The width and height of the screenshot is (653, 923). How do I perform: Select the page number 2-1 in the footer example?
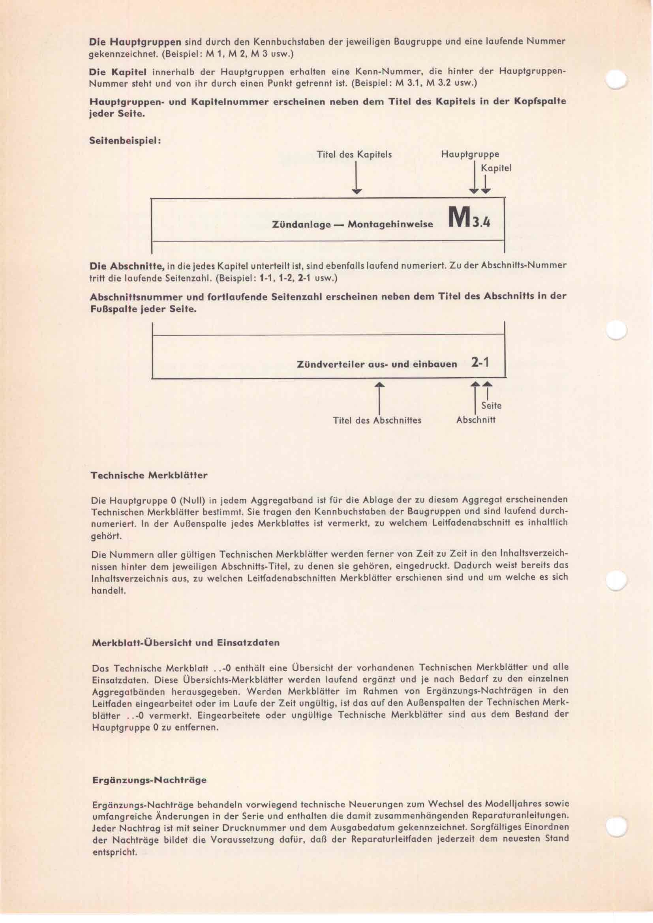[480, 363]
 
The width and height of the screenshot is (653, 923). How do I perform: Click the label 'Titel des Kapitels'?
[354, 155]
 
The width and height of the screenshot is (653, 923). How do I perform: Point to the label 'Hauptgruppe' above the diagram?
[470, 154]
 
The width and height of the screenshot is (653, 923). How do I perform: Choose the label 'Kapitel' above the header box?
[496, 168]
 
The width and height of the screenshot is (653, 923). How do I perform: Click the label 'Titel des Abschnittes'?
[377, 421]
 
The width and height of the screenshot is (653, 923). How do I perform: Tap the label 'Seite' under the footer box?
[491, 406]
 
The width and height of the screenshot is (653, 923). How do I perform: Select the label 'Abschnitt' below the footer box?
[476, 420]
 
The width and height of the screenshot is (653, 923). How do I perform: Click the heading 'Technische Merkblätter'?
[149, 475]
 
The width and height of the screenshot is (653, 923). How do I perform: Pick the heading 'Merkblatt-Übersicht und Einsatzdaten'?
[186, 642]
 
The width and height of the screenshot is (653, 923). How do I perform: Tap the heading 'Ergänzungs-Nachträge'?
[149, 780]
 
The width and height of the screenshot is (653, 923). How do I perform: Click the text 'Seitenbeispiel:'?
[125, 142]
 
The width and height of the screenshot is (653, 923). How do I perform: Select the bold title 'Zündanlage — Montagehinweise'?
[353, 224]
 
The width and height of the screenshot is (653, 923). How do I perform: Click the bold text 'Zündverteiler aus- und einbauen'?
[377, 365]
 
